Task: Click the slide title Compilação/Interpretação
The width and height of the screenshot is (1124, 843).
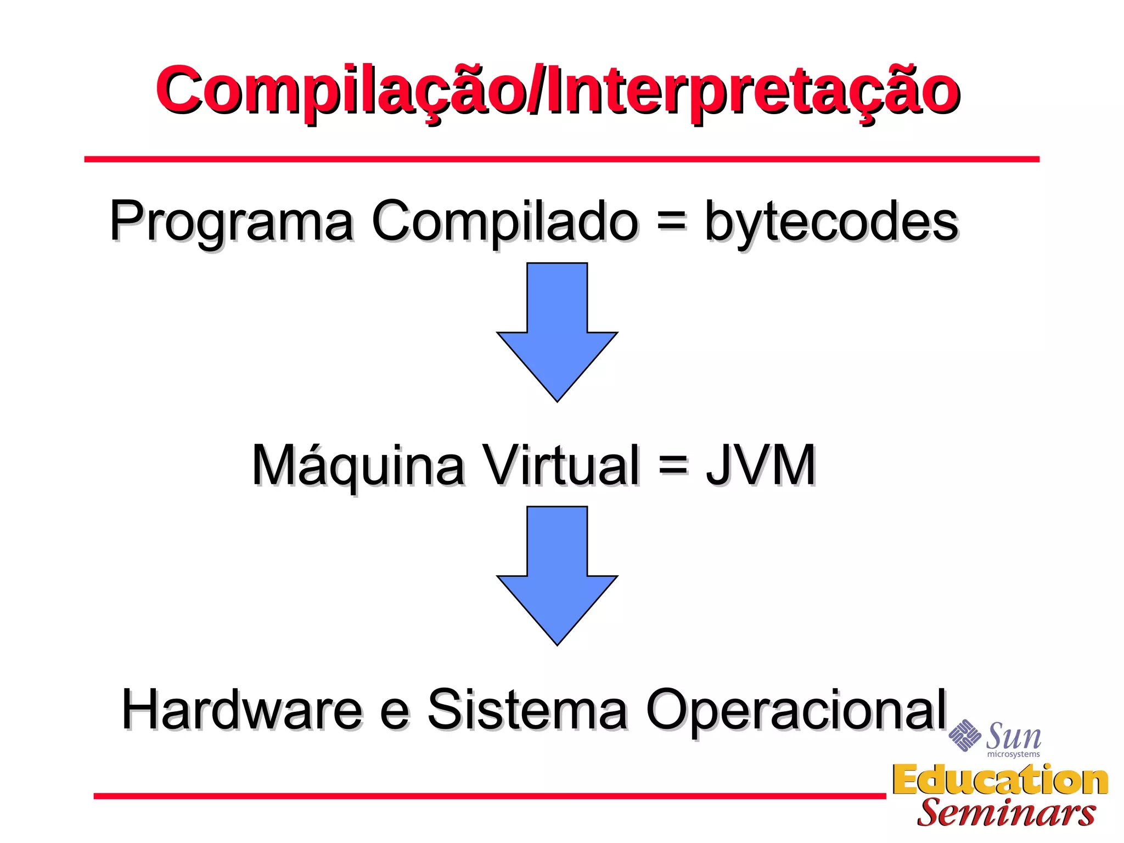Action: click(558, 91)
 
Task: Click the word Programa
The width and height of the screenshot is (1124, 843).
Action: click(232, 221)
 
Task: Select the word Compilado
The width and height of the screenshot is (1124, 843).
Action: click(505, 221)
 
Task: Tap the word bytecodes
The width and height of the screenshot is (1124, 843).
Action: click(831, 221)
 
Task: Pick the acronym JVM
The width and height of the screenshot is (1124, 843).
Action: click(761, 465)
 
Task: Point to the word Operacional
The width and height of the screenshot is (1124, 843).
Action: click(796, 711)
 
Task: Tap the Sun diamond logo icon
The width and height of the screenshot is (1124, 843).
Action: click(964, 735)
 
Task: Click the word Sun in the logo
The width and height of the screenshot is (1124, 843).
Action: click(1013, 736)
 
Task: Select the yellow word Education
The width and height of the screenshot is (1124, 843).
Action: click(1000, 780)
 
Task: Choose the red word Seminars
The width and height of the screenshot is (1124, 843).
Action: click(1006, 813)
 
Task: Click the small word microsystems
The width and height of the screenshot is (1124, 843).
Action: click(1013, 755)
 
